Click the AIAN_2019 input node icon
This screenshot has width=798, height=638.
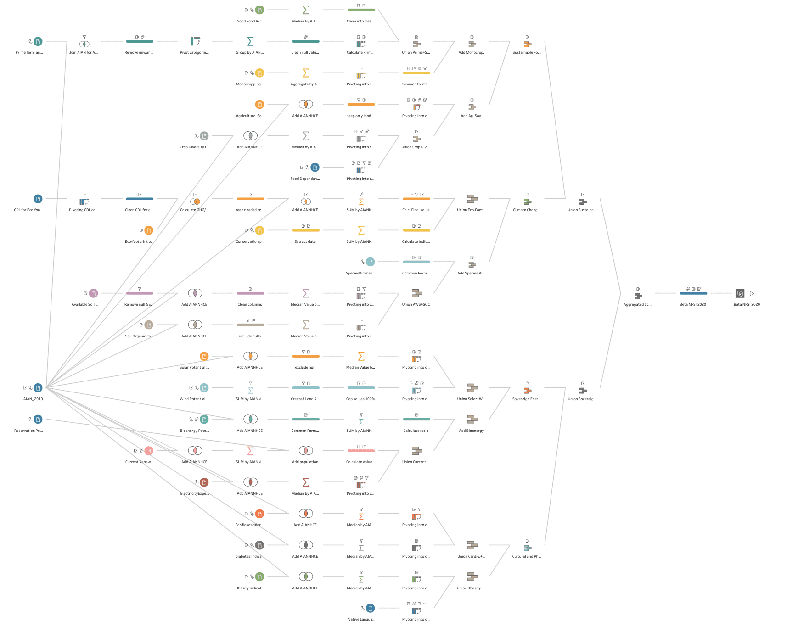coord(38,388)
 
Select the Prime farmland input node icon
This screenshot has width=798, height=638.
coord(38,41)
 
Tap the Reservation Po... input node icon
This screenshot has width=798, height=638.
coord(38,419)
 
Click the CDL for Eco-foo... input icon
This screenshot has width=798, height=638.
coord(38,199)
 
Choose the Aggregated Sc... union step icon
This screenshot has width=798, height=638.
coord(638,296)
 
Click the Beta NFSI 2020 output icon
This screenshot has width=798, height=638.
coord(740,293)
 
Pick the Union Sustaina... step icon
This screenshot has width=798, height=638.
coord(583,201)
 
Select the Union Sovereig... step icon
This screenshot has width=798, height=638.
coord(583,391)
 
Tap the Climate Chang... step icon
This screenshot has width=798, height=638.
coord(528,201)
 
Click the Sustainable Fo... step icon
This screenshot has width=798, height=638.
coord(528,44)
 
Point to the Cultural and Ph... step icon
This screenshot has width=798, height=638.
coord(528,548)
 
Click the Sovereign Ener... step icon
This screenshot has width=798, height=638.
coord(528,391)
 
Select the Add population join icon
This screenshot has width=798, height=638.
coord(306,451)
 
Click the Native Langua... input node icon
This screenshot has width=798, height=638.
coord(371,608)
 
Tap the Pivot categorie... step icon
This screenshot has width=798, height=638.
coord(195,41)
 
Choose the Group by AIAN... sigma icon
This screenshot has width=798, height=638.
coord(251,41)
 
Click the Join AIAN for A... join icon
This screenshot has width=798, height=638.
coord(84,44)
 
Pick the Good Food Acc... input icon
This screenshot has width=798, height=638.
coord(260,10)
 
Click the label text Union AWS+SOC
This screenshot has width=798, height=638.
coord(416,304)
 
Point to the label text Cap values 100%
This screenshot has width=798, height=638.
coord(360,399)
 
